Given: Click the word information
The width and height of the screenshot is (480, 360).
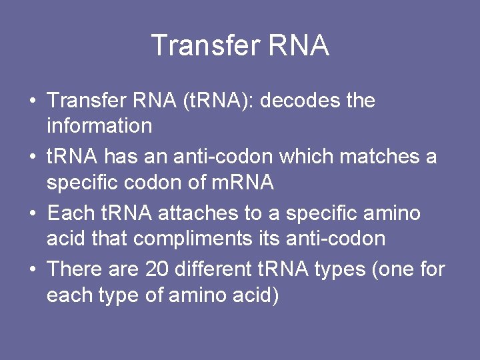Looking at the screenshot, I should pos(99,125).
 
